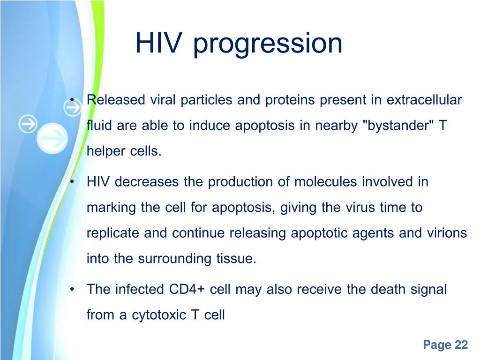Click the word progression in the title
click(x=268, y=44)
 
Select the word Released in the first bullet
click(x=116, y=100)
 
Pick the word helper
click(x=106, y=151)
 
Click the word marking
click(x=111, y=208)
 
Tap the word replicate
click(x=113, y=233)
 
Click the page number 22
click(x=461, y=345)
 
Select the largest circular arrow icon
click(x=52, y=138)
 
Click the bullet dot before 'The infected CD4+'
click(x=72, y=289)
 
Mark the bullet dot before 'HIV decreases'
click(x=72, y=182)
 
